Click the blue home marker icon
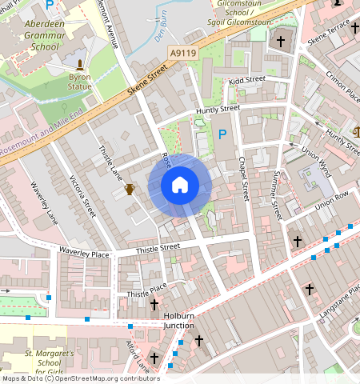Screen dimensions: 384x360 click(180, 186)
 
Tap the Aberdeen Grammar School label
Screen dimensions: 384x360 click(45, 36)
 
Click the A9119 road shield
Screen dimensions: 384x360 click(182, 53)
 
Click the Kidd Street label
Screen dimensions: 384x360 click(246, 80)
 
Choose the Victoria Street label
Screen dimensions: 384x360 click(82, 196)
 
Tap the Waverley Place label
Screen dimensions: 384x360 click(83, 254)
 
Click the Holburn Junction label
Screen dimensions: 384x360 click(178, 320)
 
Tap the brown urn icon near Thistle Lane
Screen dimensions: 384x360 click(130, 189)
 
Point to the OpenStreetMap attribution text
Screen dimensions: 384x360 click(80, 378)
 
